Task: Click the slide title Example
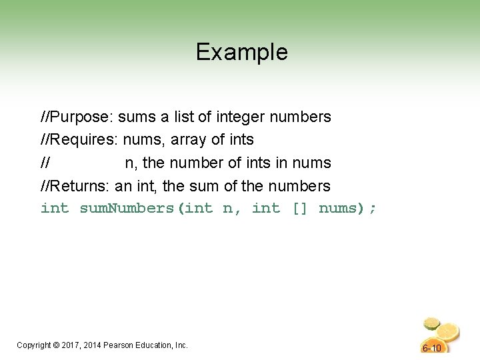click(x=241, y=52)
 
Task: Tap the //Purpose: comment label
click(x=77, y=117)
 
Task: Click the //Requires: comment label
click(x=79, y=140)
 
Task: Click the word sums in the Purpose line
click(x=137, y=117)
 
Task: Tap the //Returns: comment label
click(x=76, y=185)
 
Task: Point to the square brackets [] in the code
click(x=299, y=209)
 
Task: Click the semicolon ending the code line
click(x=372, y=209)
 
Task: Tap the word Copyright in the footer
click(x=34, y=345)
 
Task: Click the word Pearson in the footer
click(x=120, y=345)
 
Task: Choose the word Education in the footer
click(x=154, y=345)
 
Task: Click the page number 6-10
click(x=432, y=348)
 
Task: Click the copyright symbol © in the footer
click(x=57, y=345)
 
